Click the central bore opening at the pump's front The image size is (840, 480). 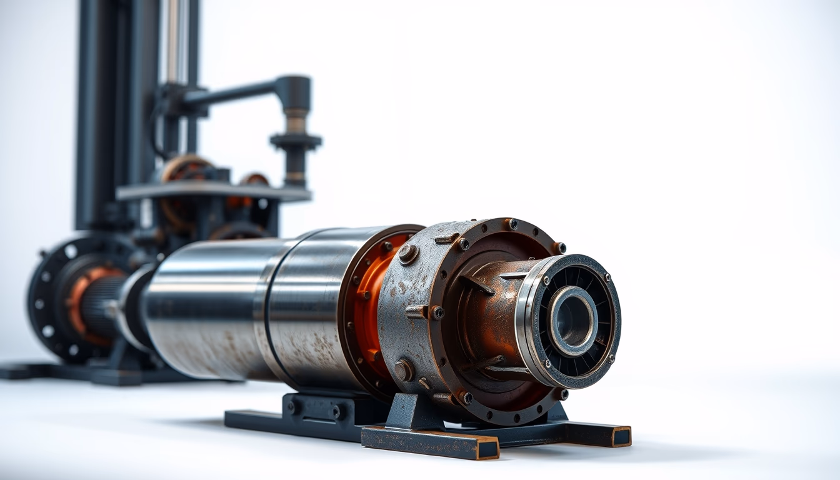coord(573,321)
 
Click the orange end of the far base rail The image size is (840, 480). coord(621,437)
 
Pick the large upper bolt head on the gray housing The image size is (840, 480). coord(407,252)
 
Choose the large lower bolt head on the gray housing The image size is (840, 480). coord(403,370)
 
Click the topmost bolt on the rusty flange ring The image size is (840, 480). coord(512,224)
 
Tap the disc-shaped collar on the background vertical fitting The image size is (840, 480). coord(296,141)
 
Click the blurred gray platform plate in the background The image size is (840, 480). coord(212,191)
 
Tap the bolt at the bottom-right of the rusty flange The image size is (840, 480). coord(560,394)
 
